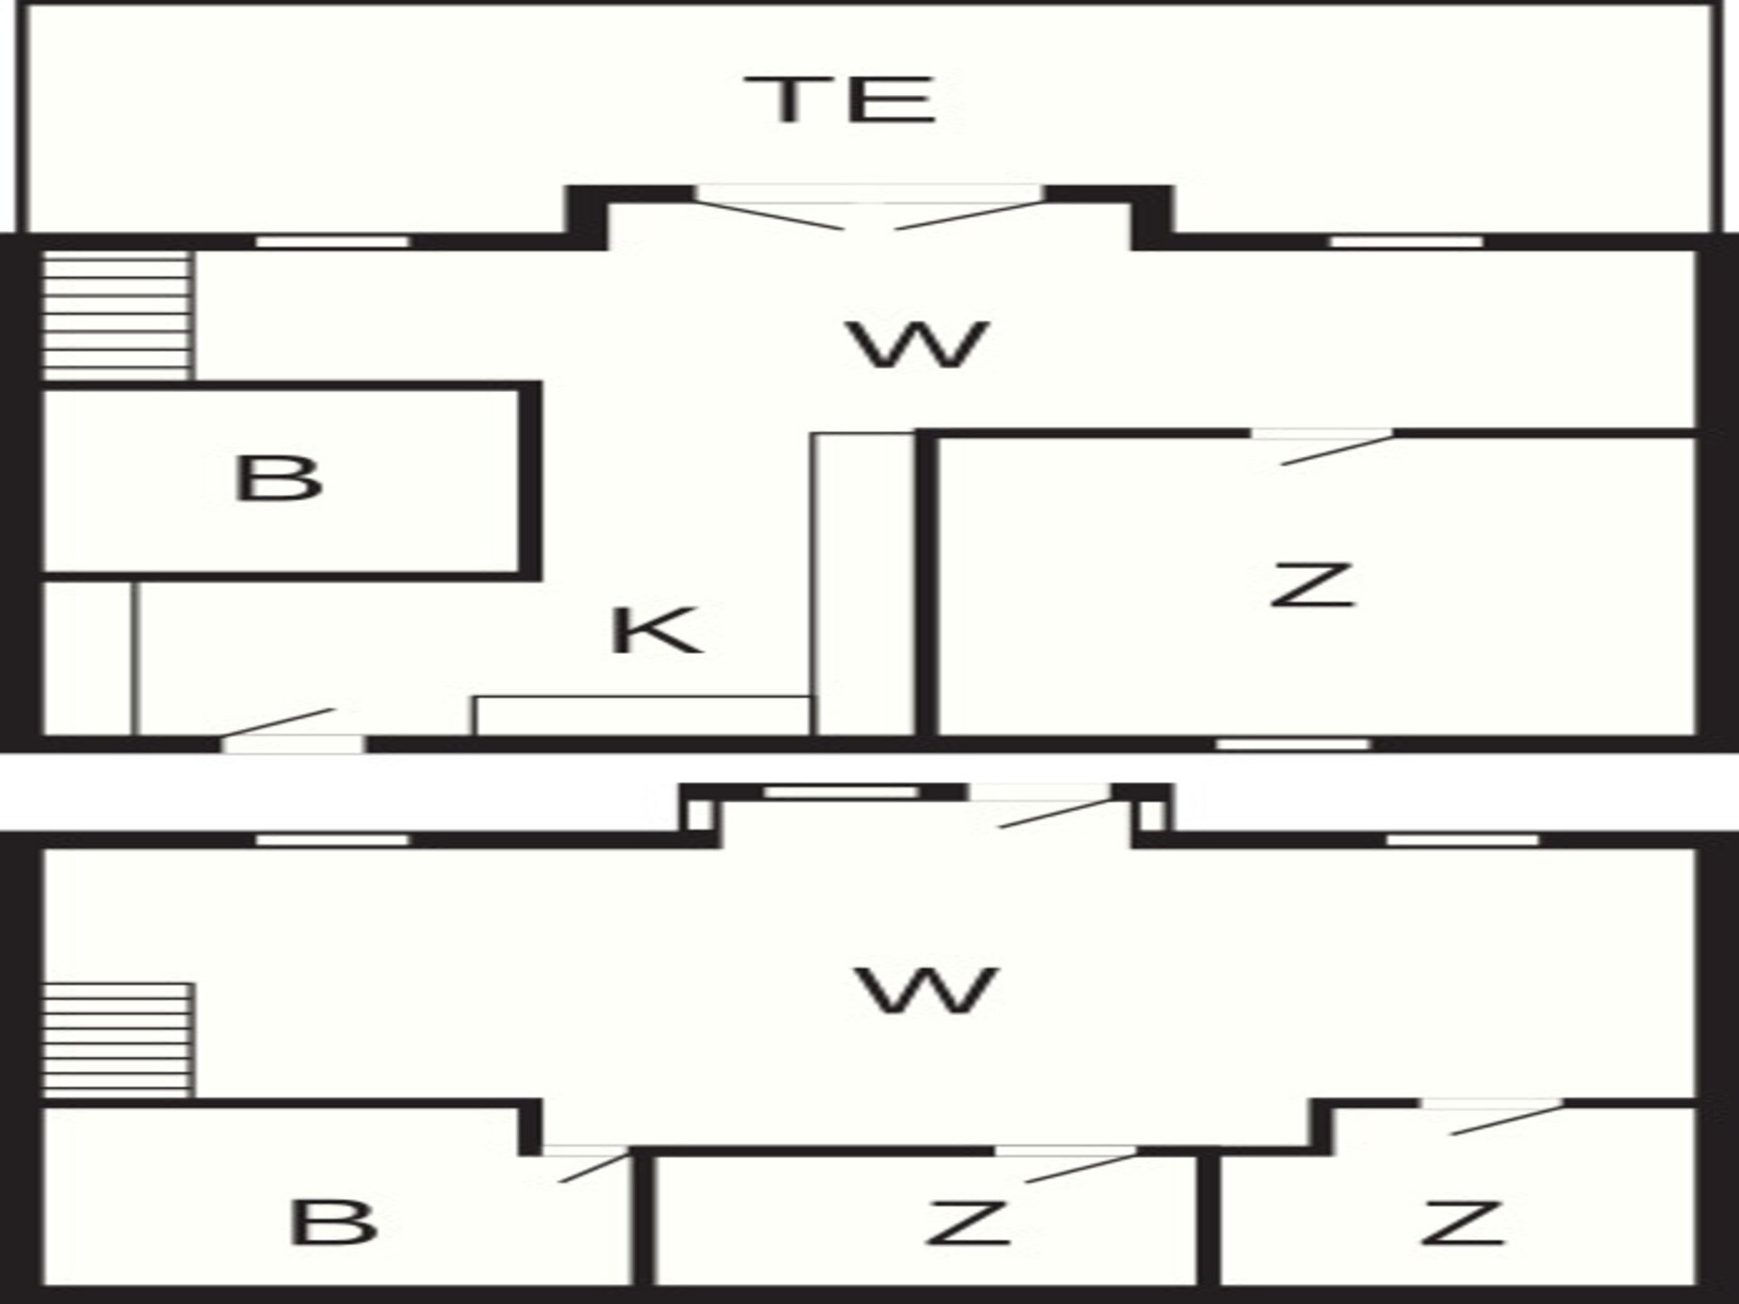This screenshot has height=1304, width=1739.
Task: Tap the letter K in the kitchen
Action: pos(657,630)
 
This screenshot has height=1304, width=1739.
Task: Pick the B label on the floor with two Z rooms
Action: pos(332,1222)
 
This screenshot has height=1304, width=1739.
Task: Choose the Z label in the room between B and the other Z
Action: pos(967,1222)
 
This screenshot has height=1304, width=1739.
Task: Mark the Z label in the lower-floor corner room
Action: pos(1463,1222)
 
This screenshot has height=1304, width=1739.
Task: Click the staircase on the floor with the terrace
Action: pos(118,315)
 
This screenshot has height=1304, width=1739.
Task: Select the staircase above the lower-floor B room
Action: pos(118,1041)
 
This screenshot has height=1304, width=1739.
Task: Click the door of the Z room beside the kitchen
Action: pos(1322,446)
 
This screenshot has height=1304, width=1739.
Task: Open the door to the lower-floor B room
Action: pos(586,1164)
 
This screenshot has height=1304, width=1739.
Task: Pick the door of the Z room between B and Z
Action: pos(1067,1164)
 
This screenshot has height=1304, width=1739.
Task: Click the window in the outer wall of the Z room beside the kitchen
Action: pos(1293,744)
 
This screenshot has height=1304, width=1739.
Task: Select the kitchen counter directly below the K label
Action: pos(643,715)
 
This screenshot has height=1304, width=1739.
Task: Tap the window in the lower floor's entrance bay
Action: pos(841,792)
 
